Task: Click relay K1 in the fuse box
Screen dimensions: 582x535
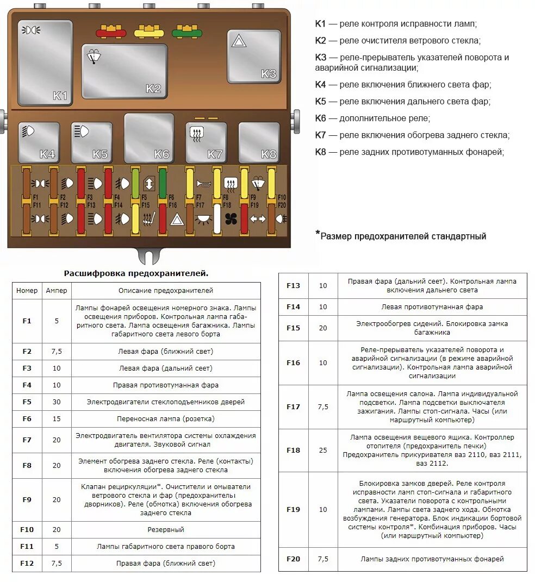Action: coord(45,62)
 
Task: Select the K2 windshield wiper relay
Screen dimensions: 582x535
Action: coord(125,71)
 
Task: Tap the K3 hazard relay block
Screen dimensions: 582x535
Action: coord(254,56)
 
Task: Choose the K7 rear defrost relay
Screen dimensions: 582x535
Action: coord(206,142)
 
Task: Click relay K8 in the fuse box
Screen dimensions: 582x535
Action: coord(258,142)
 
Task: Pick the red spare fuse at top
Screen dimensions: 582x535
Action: coord(111,31)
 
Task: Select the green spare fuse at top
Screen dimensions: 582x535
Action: coord(186,31)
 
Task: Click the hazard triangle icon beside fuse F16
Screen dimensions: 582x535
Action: coord(177,220)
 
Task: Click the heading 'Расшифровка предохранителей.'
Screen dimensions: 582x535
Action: coord(136,273)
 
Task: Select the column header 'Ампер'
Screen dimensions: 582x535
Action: coord(57,291)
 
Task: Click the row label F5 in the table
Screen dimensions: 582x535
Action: coord(27,402)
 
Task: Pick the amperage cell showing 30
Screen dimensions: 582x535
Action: coord(57,402)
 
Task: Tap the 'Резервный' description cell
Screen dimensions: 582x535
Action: coord(166,529)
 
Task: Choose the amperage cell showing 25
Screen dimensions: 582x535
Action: coord(323,450)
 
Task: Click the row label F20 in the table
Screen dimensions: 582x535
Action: coord(293,559)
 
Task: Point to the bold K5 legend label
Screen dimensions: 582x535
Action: coord(320,102)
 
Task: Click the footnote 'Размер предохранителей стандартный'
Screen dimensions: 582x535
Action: coord(402,236)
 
